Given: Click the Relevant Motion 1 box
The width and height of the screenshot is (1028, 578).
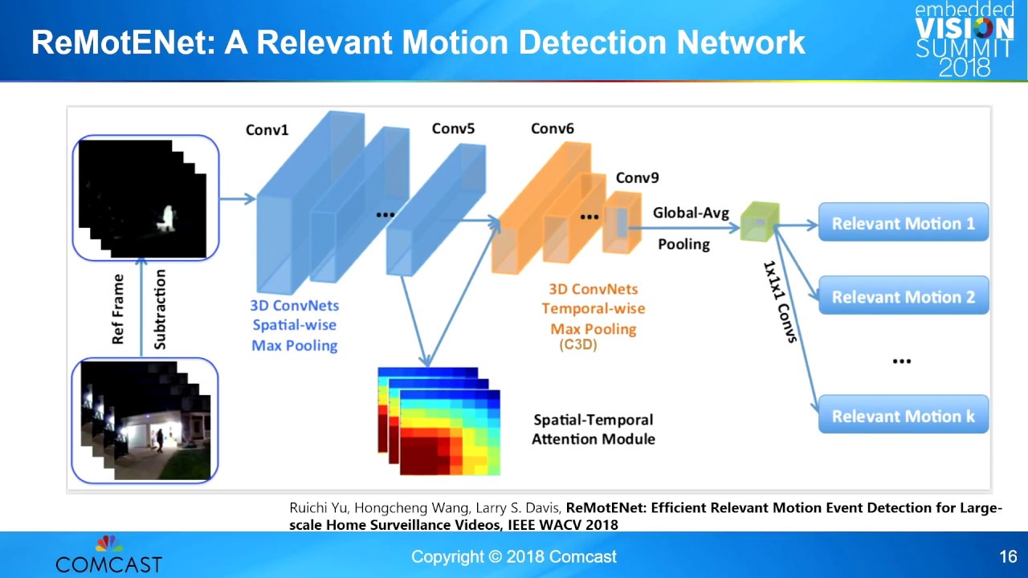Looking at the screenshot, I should [903, 223].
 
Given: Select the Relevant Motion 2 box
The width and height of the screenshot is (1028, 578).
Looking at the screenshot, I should [903, 297].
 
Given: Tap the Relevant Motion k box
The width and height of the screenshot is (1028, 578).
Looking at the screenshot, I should [903, 416].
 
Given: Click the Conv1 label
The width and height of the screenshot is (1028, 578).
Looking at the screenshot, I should [267, 129].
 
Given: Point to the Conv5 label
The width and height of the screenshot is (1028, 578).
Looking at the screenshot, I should [453, 128].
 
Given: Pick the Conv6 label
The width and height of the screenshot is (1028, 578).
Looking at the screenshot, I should [553, 128].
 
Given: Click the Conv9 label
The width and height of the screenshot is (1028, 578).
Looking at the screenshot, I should [637, 177].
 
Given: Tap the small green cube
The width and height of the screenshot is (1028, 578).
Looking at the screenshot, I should [759, 221].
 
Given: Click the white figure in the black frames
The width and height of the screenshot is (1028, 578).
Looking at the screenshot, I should [169, 218].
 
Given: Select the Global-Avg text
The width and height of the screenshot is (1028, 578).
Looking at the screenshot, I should [691, 213].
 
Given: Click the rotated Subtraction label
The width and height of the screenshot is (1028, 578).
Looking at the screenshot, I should [160, 309].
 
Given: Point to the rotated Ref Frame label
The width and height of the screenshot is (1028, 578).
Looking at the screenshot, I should [118, 310].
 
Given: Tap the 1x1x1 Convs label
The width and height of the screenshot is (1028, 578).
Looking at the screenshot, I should [778, 301].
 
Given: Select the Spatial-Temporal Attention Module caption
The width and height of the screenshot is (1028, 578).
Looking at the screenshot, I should [594, 429].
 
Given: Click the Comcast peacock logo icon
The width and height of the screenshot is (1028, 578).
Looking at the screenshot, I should [109, 543].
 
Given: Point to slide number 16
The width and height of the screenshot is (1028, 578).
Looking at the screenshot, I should [1008, 556].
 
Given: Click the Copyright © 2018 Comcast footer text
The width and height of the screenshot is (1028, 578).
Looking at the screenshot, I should [514, 556].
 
